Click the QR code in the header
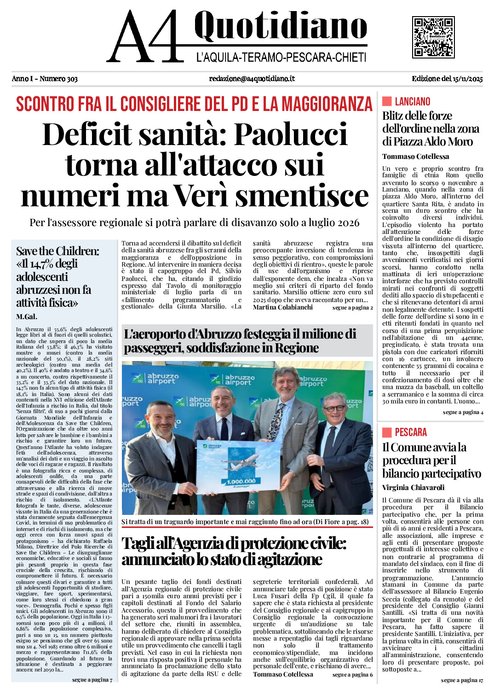(433, 37)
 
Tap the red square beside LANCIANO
(387, 101)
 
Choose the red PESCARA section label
(410, 432)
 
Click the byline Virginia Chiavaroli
(413, 488)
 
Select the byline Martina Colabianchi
(282, 307)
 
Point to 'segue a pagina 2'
(352, 308)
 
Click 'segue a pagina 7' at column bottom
(92, 680)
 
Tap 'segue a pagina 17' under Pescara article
(462, 680)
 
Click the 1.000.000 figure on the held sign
(241, 481)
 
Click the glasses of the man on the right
(334, 408)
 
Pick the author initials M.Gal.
(27, 317)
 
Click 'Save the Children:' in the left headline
(57, 251)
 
